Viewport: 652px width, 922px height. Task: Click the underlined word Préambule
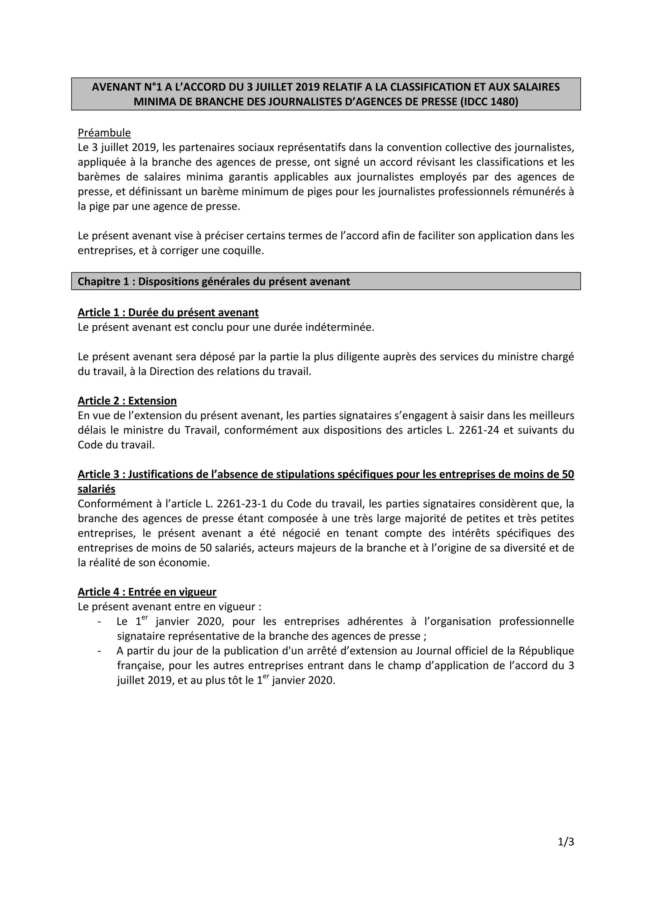(x=104, y=132)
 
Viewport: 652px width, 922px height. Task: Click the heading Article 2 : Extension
(x=127, y=401)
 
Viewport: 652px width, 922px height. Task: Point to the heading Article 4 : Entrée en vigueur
(x=147, y=592)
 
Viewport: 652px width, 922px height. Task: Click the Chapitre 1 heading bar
(x=326, y=281)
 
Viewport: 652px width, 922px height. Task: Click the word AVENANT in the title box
(x=114, y=87)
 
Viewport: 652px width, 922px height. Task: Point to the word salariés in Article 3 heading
(x=96, y=489)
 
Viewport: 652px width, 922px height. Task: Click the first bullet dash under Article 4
(x=99, y=622)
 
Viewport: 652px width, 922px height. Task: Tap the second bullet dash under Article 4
(x=99, y=651)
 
